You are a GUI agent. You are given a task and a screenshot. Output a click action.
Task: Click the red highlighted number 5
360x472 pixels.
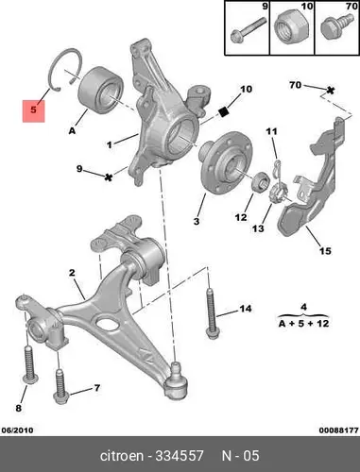tap(34, 110)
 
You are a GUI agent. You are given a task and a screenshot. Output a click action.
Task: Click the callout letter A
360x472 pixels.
tap(72, 130)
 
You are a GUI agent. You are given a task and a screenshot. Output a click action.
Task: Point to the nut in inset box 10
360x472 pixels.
tap(291, 27)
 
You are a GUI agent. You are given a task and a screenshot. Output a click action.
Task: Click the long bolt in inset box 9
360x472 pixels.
tap(249, 29)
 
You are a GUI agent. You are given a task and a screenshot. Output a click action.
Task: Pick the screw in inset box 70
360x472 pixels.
tap(336, 25)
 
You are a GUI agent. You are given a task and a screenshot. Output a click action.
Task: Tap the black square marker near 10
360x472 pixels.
tap(224, 112)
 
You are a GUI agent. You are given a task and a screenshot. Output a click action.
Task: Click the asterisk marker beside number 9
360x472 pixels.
tap(109, 177)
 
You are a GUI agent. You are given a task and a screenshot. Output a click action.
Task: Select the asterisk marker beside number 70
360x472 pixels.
tap(330, 91)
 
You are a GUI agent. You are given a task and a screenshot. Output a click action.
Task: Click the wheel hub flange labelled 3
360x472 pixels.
tap(226, 163)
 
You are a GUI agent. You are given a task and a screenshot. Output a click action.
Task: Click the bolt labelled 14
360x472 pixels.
tap(212, 313)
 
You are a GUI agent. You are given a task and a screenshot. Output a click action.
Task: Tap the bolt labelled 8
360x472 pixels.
tap(30, 364)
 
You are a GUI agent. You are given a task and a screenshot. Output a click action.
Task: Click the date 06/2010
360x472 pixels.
tap(18, 430)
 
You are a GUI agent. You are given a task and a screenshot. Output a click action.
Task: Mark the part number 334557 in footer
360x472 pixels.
tap(180, 456)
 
